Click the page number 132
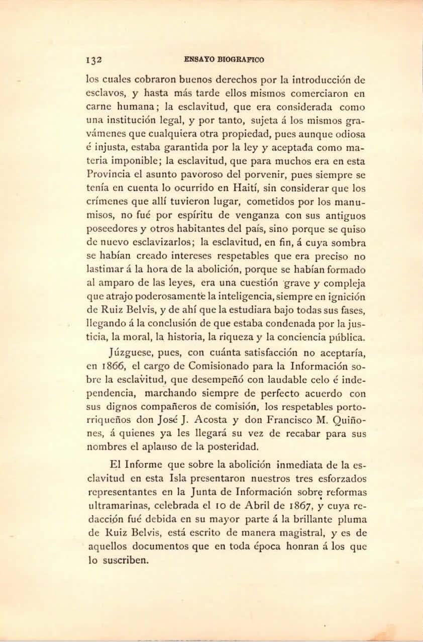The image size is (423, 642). coord(94,59)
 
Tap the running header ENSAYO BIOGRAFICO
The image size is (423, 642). coord(224,59)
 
